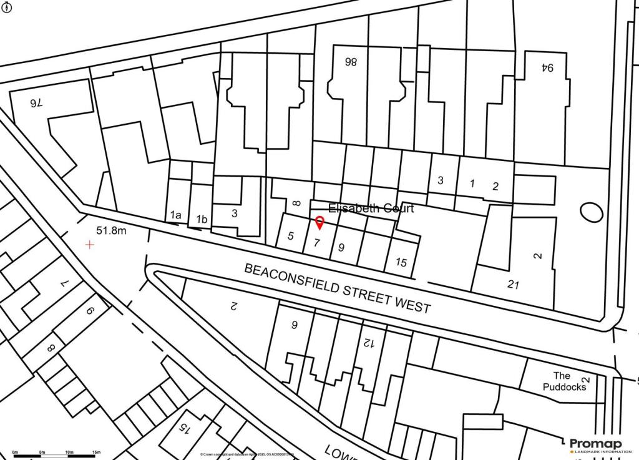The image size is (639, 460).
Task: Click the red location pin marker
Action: [x=319, y=223]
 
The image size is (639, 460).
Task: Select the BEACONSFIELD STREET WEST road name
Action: [x=337, y=288]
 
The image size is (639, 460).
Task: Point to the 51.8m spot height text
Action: [x=111, y=231]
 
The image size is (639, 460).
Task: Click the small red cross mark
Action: [x=90, y=245]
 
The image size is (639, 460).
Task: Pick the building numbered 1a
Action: [x=175, y=215]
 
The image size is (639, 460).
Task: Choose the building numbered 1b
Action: [x=202, y=219]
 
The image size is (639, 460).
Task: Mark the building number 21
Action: [x=514, y=285]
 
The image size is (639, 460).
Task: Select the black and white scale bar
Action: [x=55, y=457]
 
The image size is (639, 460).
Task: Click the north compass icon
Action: [x=7, y=7]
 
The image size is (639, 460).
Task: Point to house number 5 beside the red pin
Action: [x=291, y=236]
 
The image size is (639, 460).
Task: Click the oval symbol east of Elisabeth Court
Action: [x=591, y=212]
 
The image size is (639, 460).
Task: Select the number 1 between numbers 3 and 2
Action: [x=472, y=184]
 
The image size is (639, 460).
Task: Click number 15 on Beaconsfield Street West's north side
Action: [x=401, y=263]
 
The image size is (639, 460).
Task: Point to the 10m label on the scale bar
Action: [x=69, y=452]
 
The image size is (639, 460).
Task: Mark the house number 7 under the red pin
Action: [x=317, y=243]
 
